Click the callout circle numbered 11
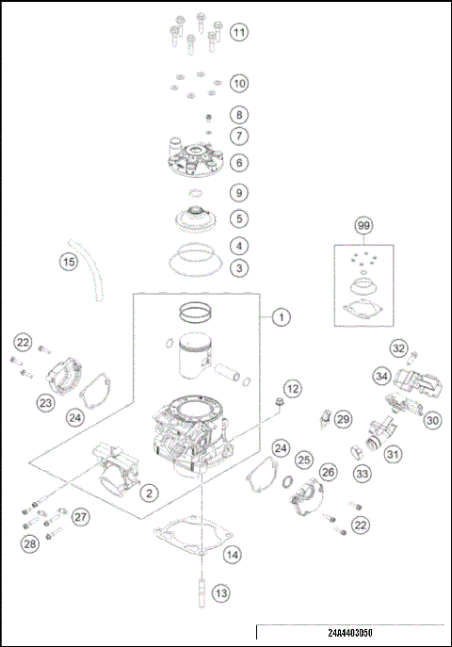tap(239, 33)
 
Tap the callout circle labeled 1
tap(281, 317)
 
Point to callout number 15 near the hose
tap(69, 263)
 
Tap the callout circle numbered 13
tap(219, 593)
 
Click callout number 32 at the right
tap(399, 349)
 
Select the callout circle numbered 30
tap(432, 420)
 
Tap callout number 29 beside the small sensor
tap(343, 418)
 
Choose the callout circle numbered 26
tap(328, 472)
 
